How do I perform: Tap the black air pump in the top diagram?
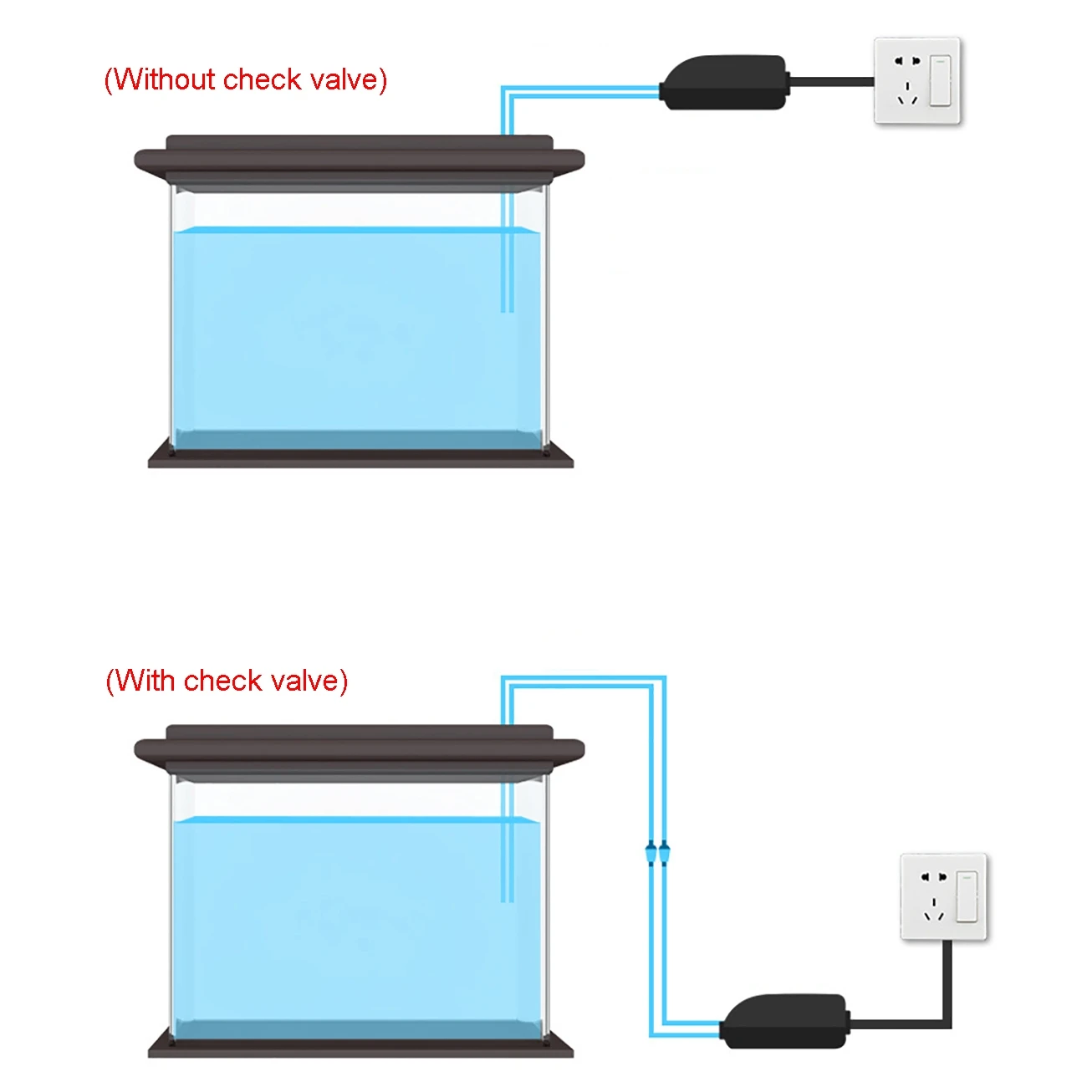pyautogui.click(x=724, y=83)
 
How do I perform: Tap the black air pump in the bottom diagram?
pyautogui.click(x=784, y=1021)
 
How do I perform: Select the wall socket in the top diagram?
pyautogui.click(x=916, y=81)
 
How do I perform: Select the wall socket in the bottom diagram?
pyautogui.click(x=943, y=897)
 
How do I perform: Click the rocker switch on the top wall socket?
pyautogui.click(x=941, y=80)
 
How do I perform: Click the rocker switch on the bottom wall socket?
pyautogui.click(x=967, y=896)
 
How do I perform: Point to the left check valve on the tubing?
pyautogui.click(x=651, y=855)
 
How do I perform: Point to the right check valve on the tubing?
pyautogui.click(x=664, y=855)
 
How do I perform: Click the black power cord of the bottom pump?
pyautogui.click(x=947, y=987)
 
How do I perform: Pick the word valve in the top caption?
pyautogui.click(x=344, y=79)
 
